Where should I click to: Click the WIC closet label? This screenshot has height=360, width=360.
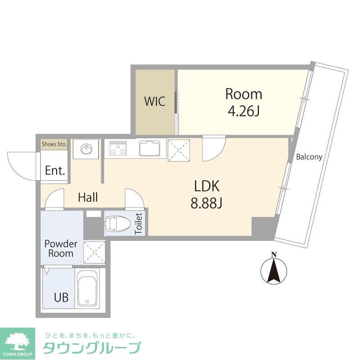pyautogui.click(x=154, y=101)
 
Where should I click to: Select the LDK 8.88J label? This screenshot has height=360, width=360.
pyautogui.click(x=207, y=194)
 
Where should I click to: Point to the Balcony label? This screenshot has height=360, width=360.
pyautogui.click(x=309, y=157)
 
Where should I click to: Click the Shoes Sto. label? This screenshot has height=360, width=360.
pyautogui.click(x=54, y=144)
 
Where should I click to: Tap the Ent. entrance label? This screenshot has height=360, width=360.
pyautogui.click(x=55, y=171)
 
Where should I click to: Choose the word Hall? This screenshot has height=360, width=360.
pyautogui.click(x=88, y=197)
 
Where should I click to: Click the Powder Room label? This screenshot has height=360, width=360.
pyautogui.click(x=61, y=248)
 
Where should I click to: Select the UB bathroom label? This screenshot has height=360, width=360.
pyautogui.click(x=62, y=298)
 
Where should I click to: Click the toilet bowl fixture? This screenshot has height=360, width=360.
pyautogui.click(x=118, y=224)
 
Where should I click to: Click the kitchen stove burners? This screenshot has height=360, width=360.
pyautogui.click(x=118, y=148)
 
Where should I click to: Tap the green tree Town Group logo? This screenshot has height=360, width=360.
pyautogui.click(x=18, y=341)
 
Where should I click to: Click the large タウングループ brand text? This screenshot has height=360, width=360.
pyautogui.click(x=91, y=349)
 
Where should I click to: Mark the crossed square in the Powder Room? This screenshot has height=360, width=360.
pyautogui.click(x=95, y=252)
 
